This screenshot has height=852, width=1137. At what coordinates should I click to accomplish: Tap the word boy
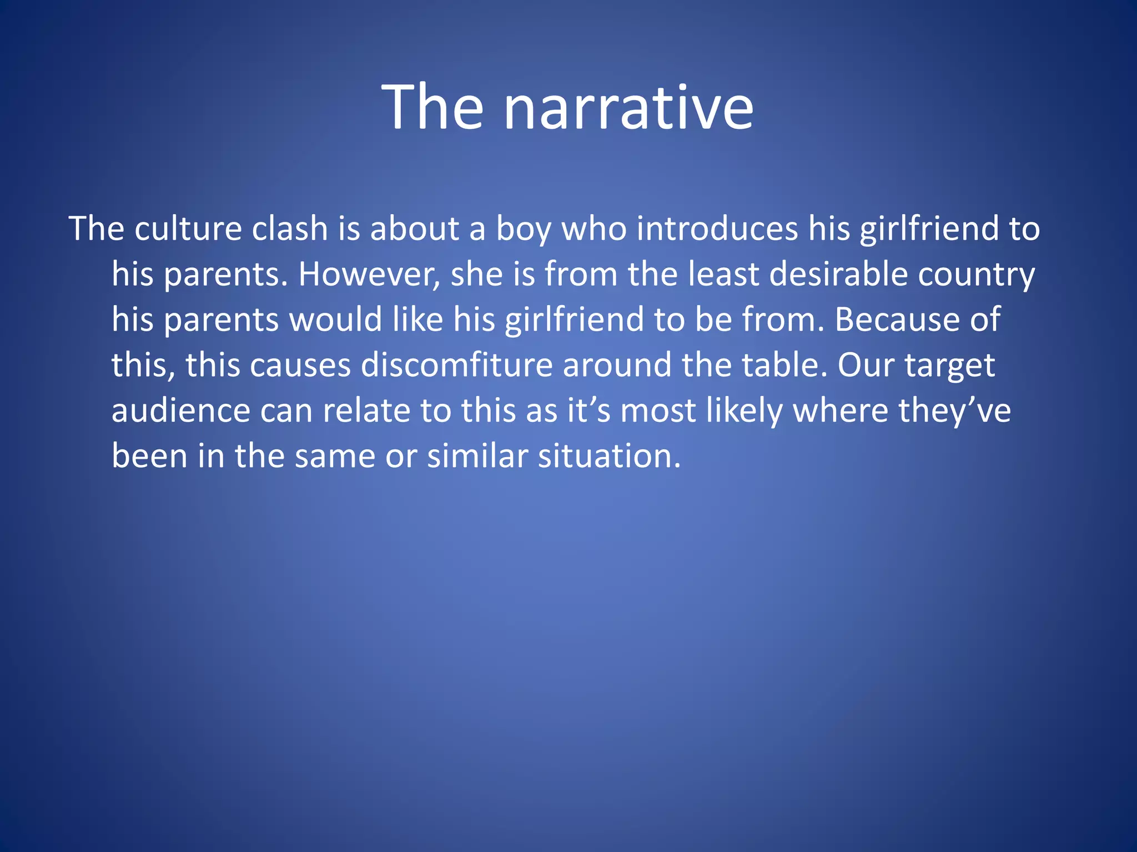524,230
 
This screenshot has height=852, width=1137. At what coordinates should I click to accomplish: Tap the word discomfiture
456,365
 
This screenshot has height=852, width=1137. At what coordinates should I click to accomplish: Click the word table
784,365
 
